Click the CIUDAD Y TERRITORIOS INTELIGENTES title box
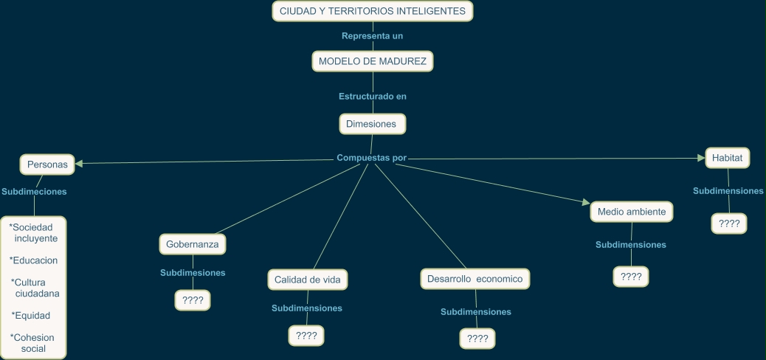tap(373, 11)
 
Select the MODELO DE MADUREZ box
tap(373, 61)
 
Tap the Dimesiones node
tap(371, 124)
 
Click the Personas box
tap(47, 165)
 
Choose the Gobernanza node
tap(192, 243)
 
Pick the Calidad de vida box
tap(306, 280)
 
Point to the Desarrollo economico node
tap(475, 279)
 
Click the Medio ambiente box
tap(632, 212)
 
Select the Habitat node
tap(727, 158)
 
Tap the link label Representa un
tap(373, 35)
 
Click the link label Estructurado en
tap(373, 96)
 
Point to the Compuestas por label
tap(371, 158)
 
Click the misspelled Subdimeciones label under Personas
tap(34, 192)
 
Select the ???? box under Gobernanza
tap(193, 300)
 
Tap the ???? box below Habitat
tap(729, 224)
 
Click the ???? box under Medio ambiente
tap(631, 277)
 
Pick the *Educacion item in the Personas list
tap(34, 260)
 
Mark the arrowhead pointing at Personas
tap(78, 163)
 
